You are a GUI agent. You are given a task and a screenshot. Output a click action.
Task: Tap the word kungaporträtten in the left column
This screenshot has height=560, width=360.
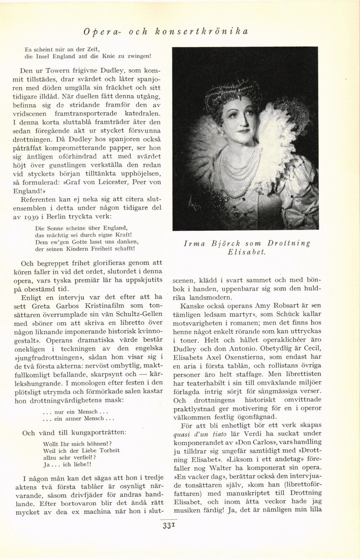pos(95,433)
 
